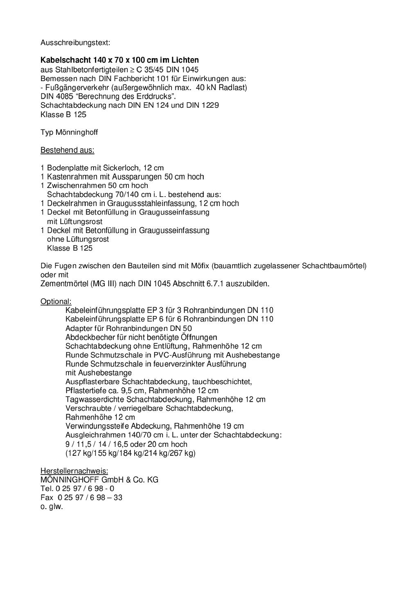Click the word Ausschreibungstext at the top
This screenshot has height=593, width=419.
(x=75, y=43)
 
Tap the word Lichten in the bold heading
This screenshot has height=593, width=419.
(x=185, y=60)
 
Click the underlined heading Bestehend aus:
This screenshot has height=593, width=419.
(x=67, y=150)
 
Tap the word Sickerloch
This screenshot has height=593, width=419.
(x=122, y=168)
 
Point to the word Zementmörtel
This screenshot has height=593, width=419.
(x=64, y=284)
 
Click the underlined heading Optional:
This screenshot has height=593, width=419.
(x=56, y=301)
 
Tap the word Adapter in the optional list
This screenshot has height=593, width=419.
(x=79, y=328)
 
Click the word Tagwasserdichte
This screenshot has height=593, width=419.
(x=95, y=399)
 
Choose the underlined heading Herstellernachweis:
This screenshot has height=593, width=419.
(x=74, y=471)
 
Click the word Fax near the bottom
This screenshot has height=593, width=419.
(x=47, y=498)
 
